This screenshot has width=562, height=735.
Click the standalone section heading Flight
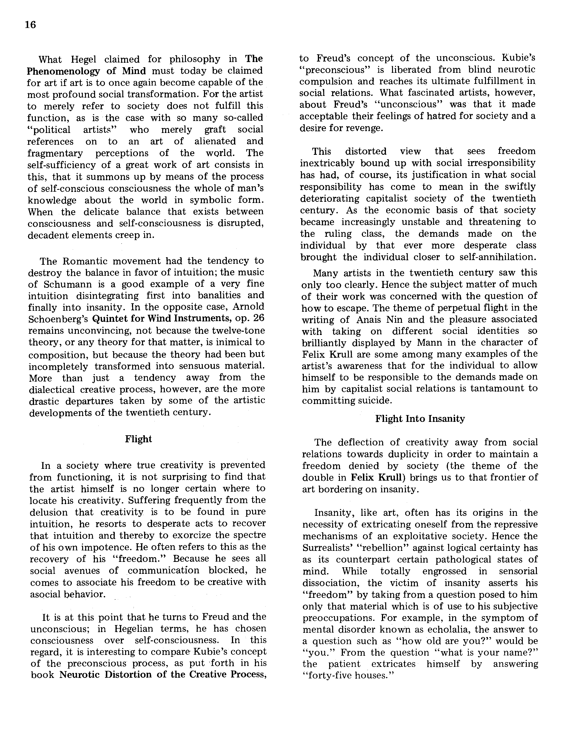[139, 439]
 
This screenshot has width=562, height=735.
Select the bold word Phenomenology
[63, 71]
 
